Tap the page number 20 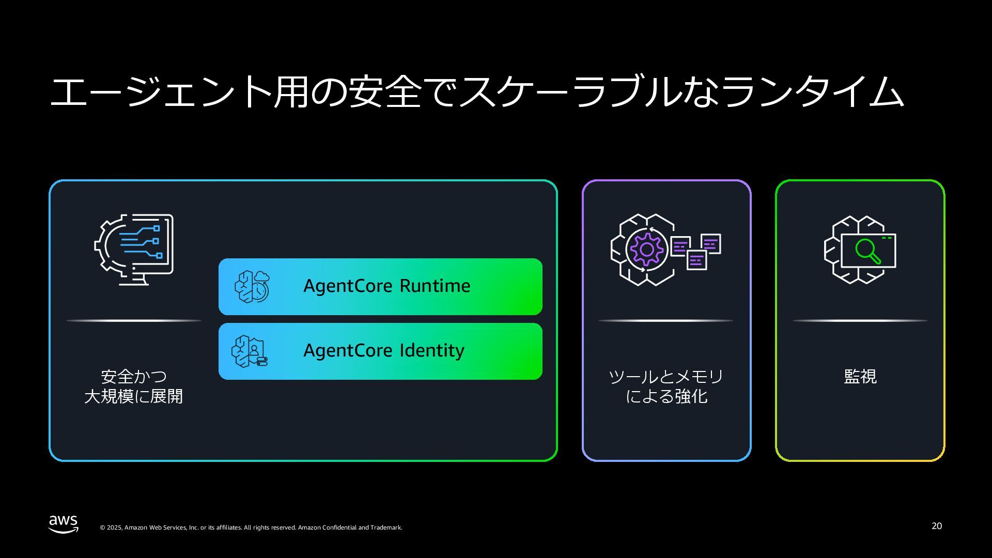click(x=936, y=526)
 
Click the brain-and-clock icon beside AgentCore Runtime click(x=252, y=286)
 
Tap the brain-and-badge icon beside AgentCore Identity click(x=250, y=351)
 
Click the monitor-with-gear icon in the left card click(x=134, y=249)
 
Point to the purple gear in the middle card click(x=646, y=250)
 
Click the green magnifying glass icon click(x=867, y=251)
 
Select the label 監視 click(x=860, y=376)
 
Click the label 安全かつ click(x=134, y=376)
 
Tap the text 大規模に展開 click(x=134, y=396)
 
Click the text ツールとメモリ click(x=666, y=376)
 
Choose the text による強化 click(x=666, y=396)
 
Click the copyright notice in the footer click(x=251, y=528)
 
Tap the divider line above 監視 click(x=860, y=320)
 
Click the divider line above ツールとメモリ click(x=666, y=320)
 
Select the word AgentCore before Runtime click(x=349, y=286)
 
